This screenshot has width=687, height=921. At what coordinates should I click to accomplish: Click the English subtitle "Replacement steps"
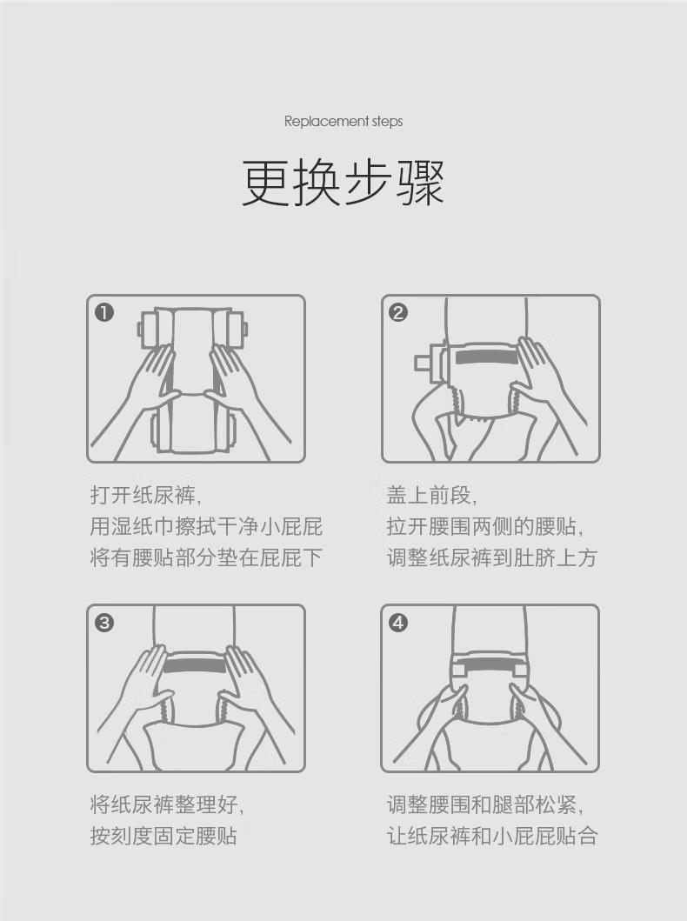pyautogui.click(x=343, y=122)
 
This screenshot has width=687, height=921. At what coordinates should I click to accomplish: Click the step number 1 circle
pyautogui.click(x=104, y=312)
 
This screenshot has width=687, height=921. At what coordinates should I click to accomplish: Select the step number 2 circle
pyautogui.click(x=398, y=312)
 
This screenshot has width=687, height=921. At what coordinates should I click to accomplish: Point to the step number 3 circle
pyautogui.click(x=104, y=622)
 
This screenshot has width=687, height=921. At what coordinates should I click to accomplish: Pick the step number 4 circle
pyautogui.click(x=398, y=622)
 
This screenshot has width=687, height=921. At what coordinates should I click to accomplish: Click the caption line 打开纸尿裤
pyautogui.click(x=145, y=495)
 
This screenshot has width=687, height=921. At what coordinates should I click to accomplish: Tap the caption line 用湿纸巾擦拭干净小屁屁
pyautogui.click(x=206, y=526)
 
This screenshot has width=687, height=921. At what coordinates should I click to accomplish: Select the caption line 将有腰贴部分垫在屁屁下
pyautogui.click(x=206, y=557)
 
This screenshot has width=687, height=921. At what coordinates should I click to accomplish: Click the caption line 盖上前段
pyautogui.click(x=431, y=495)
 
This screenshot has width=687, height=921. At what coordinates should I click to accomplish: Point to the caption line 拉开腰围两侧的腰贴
pyautogui.click(x=485, y=526)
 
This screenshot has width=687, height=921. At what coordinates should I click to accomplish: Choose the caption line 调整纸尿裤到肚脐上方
pyautogui.click(x=492, y=557)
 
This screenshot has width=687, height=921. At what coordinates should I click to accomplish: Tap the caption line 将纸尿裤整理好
pyautogui.click(x=167, y=804)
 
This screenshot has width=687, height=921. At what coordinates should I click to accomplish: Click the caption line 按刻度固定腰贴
pyautogui.click(x=163, y=835)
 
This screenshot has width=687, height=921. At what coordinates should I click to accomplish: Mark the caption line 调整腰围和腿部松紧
pyautogui.click(x=485, y=804)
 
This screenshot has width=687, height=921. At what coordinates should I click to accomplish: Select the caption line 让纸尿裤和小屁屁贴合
pyautogui.click(x=492, y=835)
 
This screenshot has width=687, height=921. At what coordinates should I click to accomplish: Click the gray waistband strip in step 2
pyautogui.click(x=487, y=357)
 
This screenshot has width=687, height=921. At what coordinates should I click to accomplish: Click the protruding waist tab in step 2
pyautogui.click(x=423, y=362)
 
